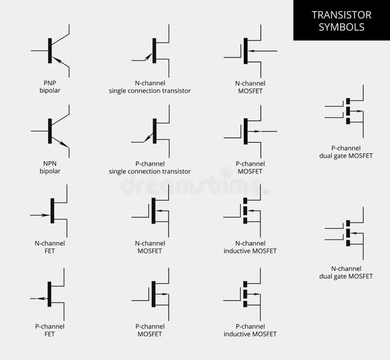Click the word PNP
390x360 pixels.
coord(50,83)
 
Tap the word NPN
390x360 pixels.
coord(50,163)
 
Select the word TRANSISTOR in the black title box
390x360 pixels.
coord(341,15)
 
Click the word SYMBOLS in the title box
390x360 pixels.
coord(341,27)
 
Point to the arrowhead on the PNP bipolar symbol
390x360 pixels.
coord(58,60)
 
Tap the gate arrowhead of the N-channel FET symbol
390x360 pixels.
coord(42,215)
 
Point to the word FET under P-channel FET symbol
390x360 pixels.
coord(50,334)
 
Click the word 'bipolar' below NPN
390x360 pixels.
coord(50,171)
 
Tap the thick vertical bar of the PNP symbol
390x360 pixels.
coord(50,50)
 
